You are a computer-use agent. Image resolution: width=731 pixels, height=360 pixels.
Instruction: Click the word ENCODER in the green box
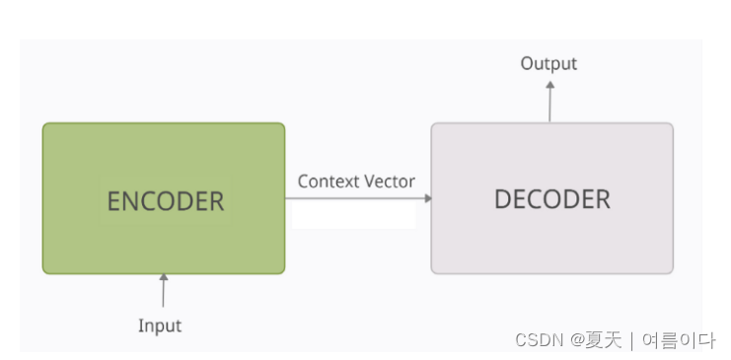tap(165, 201)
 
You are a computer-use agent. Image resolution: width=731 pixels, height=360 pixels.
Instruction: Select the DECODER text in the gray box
tap(551, 198)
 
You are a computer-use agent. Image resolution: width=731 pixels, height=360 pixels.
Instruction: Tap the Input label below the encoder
tap(160, 325)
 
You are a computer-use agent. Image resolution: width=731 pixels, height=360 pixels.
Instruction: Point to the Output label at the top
tap(548, 64)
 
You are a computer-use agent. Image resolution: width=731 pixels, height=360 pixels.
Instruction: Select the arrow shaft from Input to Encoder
tap(164, 294)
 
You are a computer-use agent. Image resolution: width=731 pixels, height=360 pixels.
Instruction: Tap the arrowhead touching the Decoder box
tap(427, 198)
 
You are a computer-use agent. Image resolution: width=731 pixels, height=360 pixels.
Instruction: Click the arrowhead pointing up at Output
tap(550, 87)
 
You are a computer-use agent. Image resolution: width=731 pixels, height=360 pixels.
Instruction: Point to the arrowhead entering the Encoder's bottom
tap(164, 278)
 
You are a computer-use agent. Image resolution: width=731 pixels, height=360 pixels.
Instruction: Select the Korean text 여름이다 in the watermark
tap(678, 340)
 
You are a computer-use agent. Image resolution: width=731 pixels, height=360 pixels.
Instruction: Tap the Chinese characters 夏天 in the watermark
tap(605, 340)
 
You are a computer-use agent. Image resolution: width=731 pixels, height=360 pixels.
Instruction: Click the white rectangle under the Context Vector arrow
tap(353, 215)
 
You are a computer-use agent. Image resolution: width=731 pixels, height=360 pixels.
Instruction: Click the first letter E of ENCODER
tap(113, 201)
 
